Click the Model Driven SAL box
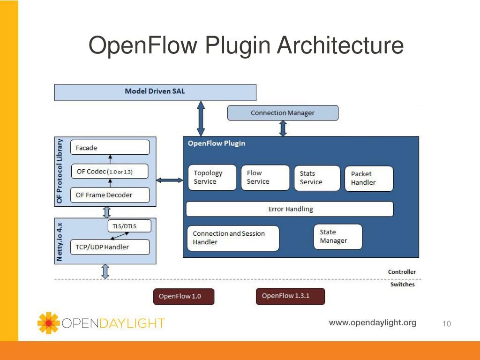(155, 92)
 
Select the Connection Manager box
(283, 113)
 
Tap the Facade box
(110, 148)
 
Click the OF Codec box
(110, 172)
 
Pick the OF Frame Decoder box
(110, 195)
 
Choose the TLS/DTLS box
(129, 226)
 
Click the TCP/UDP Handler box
(110, 247)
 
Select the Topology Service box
(212, 178)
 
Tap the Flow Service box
(265, 178)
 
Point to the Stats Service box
(317, 178)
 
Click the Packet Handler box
(369, 179)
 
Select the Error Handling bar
(290, 209)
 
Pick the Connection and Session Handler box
(233, 238)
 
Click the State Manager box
(338, 237)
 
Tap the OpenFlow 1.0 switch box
(184, 296)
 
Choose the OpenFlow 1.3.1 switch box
(290, 296)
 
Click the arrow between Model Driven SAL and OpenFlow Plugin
(201, 119)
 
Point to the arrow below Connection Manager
(283, 128)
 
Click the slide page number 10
(447, 323)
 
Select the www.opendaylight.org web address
(373, 322)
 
